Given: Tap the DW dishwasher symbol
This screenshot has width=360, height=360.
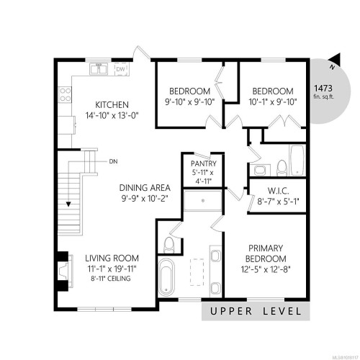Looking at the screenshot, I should (120, 69).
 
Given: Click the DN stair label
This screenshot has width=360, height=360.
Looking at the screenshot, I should (114, 161).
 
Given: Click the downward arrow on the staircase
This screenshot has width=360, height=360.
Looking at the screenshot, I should (69, 204).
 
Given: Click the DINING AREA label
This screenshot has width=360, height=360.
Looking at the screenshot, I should (144, 189).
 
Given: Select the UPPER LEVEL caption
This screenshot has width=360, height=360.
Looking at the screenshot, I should (256, 311).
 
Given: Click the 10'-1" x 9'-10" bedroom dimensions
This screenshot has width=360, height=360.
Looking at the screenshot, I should (273, 102).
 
